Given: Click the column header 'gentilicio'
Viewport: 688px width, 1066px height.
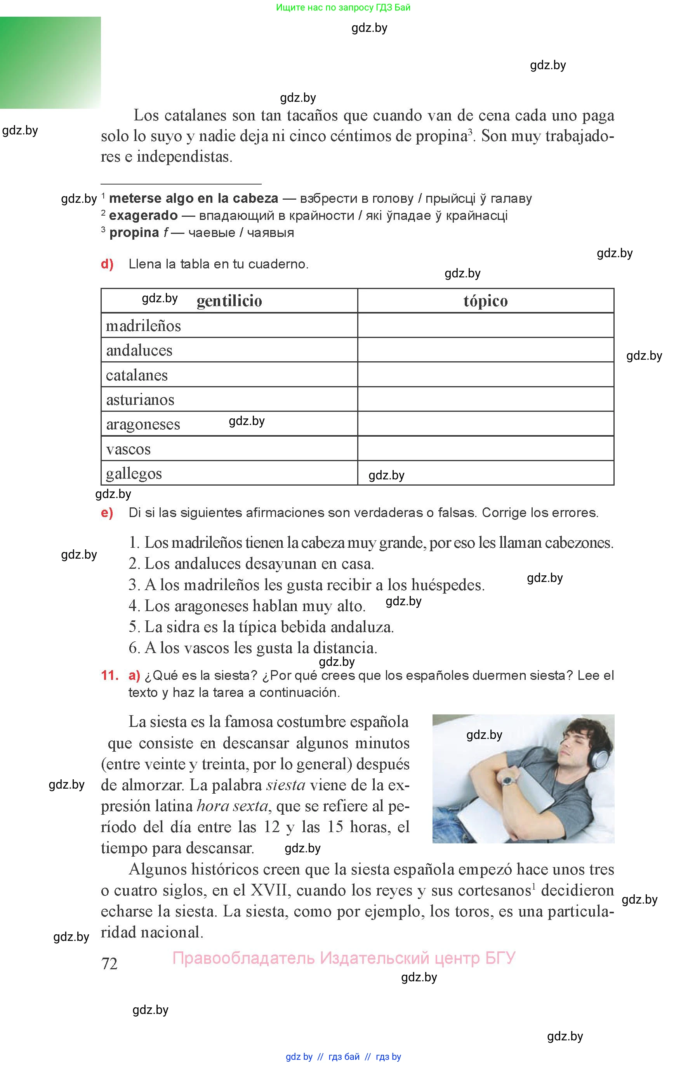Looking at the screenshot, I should coord(229,301).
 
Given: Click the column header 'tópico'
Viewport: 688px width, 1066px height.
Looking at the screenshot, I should coord(485,301).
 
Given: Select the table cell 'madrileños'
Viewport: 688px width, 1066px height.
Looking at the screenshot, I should coord(143,326).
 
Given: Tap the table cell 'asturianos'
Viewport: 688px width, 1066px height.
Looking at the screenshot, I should coord(140,400).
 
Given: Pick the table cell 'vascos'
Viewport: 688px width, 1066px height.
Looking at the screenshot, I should coord(128,449).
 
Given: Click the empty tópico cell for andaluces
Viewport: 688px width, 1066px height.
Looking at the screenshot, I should coord(485,350).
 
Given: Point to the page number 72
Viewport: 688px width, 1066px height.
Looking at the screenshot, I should coord(109,964).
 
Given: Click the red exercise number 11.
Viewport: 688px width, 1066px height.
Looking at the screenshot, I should coord(109,675).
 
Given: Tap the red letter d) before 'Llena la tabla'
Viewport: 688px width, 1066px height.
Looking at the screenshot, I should coord(107,264).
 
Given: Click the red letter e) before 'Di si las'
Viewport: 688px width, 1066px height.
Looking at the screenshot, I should coord(107,513).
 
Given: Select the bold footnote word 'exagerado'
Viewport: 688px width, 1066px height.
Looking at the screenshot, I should coord(143,216).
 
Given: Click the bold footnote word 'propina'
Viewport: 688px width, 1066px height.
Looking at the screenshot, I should coord(134,232).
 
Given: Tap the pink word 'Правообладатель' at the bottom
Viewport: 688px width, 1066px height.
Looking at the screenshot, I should coord(243,958).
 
